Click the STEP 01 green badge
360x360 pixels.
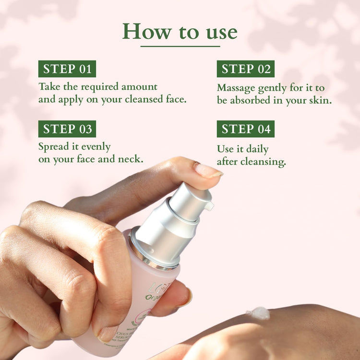point(67,69)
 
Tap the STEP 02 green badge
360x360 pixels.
point(246,69)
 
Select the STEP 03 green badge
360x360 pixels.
point(67,129)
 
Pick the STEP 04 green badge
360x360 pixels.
point(246,129)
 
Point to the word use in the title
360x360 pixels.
point(218,32)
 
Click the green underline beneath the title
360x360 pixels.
point(180,46)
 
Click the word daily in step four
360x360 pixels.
point(257,149)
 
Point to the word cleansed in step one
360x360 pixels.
point(144,100)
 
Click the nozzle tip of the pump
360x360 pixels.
point(209,206)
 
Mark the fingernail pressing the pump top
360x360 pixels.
point(207,170)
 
